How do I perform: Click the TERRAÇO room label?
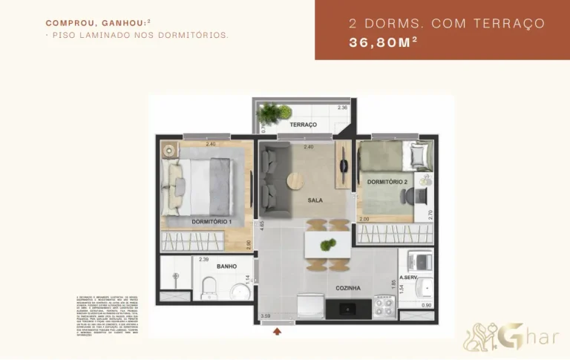[x=304, y=124]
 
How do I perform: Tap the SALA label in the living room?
[x=315, y=200]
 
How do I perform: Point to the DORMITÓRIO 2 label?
[x=387, y=182]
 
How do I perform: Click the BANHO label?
[x=226, y=266]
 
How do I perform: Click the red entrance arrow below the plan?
[x=278, y=331]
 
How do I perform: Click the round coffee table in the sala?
[x=296, y=182]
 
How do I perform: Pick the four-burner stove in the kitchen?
[x=384, y=305]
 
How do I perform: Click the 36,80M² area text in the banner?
[x=383, y=42]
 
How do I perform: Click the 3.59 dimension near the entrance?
[x=266, y=316]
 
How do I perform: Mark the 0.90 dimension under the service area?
[x=426, y=305]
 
